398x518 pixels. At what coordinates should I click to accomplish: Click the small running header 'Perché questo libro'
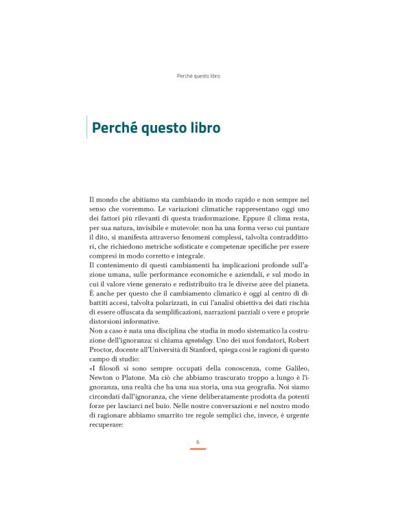[198, 76]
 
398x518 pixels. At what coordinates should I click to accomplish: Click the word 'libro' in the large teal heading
[204, 128]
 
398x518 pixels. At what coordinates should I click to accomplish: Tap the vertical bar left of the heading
[87, 128]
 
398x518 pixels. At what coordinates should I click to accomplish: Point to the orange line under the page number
[198, 449]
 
